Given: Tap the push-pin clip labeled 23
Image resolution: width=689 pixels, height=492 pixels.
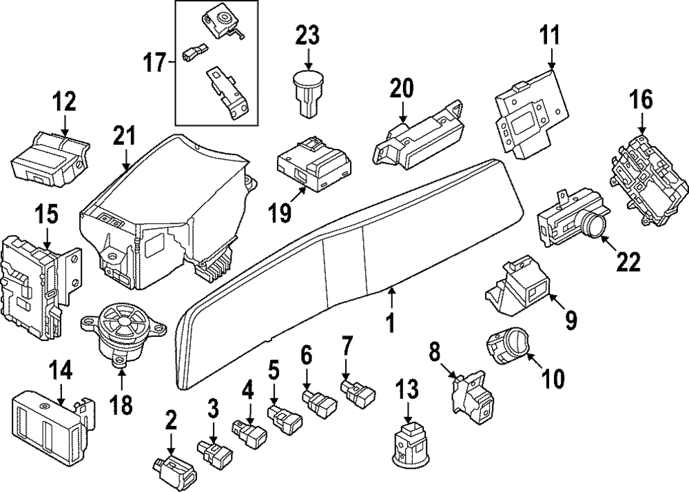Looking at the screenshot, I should click(x=308, y=89).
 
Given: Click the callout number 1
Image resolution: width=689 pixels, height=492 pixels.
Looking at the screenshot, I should click(x=390, y=322).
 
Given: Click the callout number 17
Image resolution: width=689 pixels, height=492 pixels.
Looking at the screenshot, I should click(x=156, y=63).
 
